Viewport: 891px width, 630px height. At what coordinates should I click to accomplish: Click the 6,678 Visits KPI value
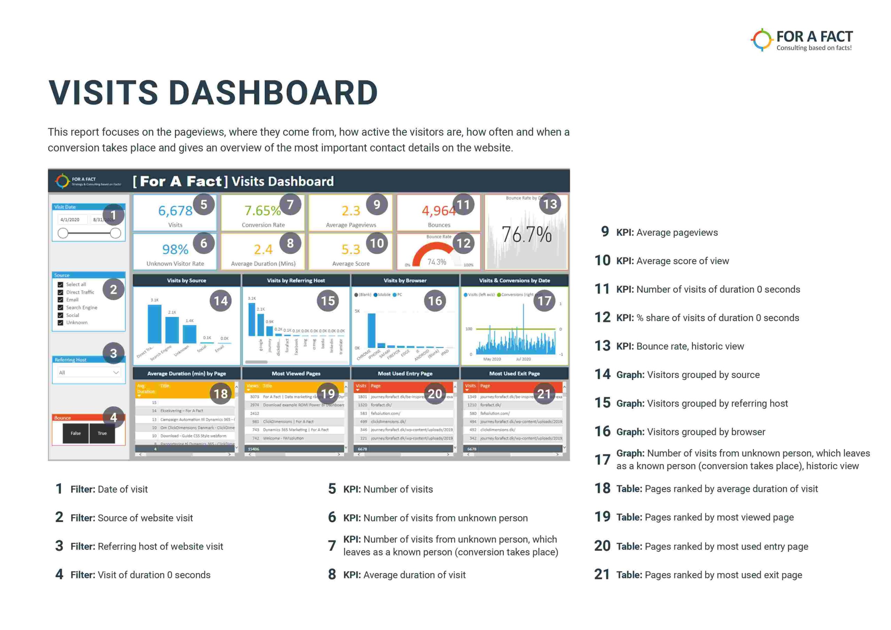175,211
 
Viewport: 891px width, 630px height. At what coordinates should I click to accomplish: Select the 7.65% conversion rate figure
262,211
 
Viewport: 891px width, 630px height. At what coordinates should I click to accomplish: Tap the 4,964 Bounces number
439,211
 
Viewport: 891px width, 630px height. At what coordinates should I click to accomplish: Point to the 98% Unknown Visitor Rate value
175,249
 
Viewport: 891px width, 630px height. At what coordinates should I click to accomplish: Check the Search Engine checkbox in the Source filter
61,307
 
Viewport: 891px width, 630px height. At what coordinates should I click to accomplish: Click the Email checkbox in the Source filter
61,300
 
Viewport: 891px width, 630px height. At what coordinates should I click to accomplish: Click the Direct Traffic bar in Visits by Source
155,324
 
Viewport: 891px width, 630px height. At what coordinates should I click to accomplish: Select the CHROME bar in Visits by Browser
371,330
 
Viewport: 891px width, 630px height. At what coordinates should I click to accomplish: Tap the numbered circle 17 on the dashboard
544,300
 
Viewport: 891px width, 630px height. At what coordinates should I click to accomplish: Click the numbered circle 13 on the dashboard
550,204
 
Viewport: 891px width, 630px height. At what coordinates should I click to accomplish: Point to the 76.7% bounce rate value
526,235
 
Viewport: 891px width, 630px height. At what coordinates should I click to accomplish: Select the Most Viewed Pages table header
296,373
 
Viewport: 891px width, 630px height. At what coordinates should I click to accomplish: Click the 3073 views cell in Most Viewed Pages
254,397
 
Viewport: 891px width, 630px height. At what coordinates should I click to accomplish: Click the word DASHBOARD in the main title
273,93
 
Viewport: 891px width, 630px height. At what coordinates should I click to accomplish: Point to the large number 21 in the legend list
602,575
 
